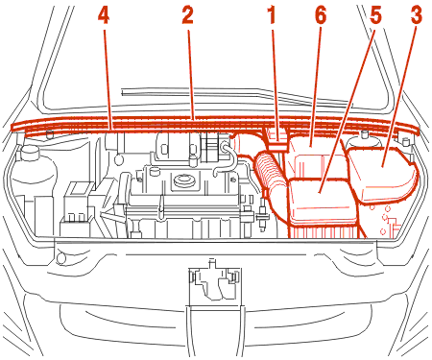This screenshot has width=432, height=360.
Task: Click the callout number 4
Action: point(104,16)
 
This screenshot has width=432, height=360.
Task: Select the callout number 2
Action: point(187,16)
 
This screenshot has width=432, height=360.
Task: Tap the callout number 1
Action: point(272,16)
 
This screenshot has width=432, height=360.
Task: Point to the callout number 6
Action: point(321,16)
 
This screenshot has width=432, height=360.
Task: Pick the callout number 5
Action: point(375,16)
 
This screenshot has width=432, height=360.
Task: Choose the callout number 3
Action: point(417,16)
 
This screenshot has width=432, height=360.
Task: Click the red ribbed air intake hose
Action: point(270,173)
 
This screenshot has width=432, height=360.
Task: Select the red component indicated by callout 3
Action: point(382,175)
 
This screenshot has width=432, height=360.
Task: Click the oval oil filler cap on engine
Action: point(184,180)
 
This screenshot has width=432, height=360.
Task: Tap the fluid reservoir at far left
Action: point(31,180)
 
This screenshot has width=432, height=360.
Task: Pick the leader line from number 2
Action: point(190,75)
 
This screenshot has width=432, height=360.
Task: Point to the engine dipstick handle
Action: point(161,208)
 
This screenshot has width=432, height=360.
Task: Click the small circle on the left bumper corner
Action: point(60,258)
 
